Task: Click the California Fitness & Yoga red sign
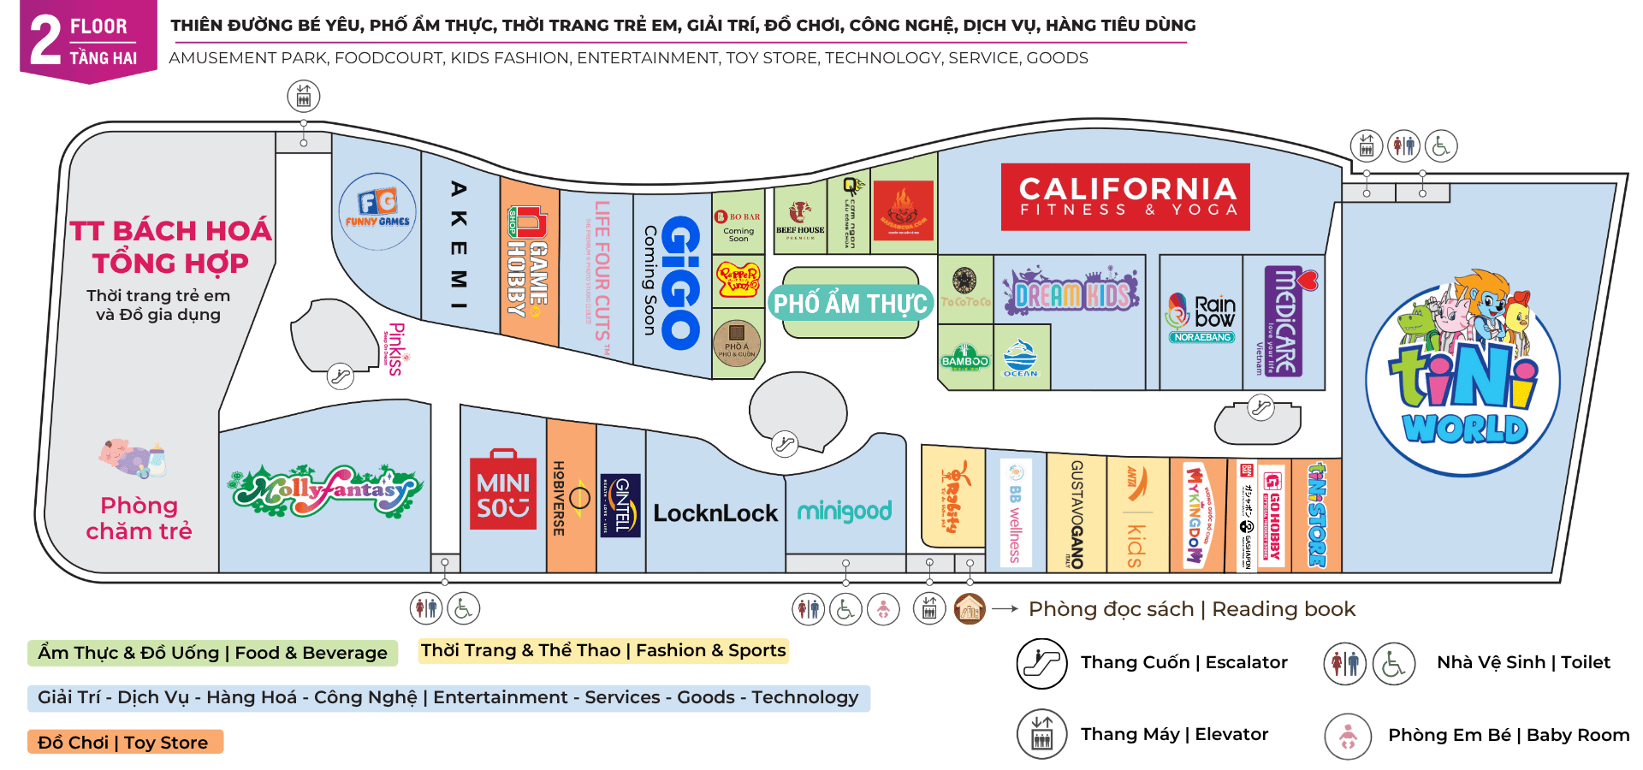pos(1125,197)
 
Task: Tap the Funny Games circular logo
pos(377,210)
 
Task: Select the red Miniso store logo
pos(503,490)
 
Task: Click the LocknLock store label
pos(715,513)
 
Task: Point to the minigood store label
pos(845,512)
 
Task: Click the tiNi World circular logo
pos(1463,376)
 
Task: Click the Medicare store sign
pos(1286,322)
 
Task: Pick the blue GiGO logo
pos(681,282)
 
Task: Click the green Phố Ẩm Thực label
pos(850,304)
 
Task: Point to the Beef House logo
pos(800,219)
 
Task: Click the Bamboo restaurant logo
pos(964,357)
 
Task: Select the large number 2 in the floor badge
pos(45,40)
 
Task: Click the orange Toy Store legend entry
pos(125,742)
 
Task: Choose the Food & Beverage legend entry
pos(212,653)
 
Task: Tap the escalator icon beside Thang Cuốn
pos(1041,663)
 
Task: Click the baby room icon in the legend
pos(1348,736)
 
